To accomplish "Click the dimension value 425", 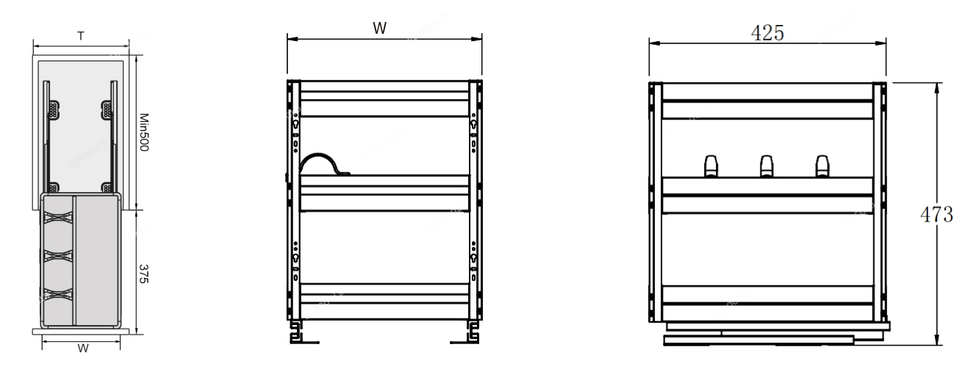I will [767, 33].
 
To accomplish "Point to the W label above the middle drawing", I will [379, 28].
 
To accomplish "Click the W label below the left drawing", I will [83, 349].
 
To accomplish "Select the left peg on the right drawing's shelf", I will [711, 166].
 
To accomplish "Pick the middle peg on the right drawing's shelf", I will [766, 166].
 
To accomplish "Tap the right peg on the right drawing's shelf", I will [821, 166].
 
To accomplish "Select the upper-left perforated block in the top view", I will [53, 110].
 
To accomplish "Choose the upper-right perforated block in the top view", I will [107, 110].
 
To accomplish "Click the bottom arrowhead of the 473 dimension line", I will [936, 339].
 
